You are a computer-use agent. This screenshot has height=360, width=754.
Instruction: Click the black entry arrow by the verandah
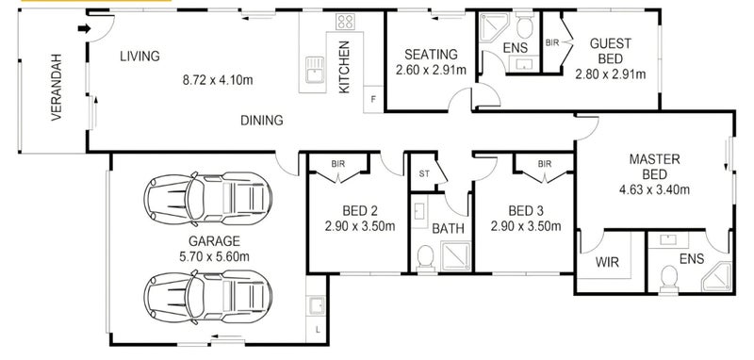point(84,29)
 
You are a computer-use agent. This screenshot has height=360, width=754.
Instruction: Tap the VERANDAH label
point(57,87)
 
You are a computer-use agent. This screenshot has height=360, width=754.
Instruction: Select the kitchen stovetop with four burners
point(345,21)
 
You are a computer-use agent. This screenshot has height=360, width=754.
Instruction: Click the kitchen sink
point(315,69)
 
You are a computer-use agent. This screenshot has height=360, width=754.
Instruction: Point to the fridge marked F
point(373,100)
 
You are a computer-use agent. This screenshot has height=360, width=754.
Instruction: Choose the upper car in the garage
point(207,199)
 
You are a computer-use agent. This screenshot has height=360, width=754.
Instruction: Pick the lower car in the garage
point(207,297)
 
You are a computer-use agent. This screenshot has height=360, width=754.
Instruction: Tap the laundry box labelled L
point(317,330)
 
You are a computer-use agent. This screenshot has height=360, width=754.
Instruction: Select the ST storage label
point(423,174)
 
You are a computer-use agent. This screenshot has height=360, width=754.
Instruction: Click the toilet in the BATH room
point(425,258)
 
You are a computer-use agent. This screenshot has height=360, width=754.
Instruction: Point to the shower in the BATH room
point(455,256)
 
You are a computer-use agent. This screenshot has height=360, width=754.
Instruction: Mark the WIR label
point(607,262)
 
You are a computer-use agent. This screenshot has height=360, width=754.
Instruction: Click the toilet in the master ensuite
point(669,279)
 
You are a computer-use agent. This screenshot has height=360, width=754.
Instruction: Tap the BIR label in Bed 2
point(338,164)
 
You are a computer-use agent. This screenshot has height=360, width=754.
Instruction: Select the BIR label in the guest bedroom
point(552,42)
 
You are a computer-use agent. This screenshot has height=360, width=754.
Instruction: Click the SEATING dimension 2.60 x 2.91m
point(431,70)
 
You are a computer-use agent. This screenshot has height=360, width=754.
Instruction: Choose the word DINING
point(262,121)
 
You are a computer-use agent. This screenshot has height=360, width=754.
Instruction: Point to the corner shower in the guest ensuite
point(494,28)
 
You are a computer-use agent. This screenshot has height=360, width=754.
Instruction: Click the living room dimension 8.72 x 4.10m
point(218,80)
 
